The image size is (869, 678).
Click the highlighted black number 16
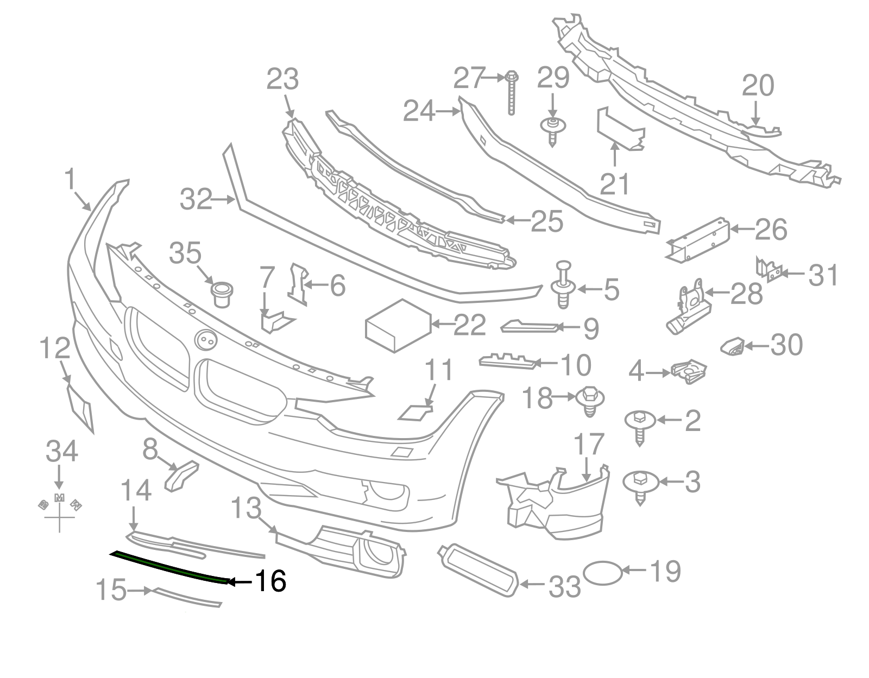pyautogui.click(x=270, y=582)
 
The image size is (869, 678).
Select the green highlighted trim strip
pyautogui.click(x=168, y=566)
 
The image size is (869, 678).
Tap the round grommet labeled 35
pyautogui.click(x=221, y=293)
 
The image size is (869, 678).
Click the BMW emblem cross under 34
pyautogui.click(x=60, y=510)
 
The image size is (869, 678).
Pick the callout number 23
pyautogui.click(x=282, y=80)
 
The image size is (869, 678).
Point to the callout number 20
pyautogui.click(x=758, y=86)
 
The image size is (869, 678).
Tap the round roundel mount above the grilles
pyautogui.click(x=206, y=340)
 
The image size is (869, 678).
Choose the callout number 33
pyautogui.click(x=565, y=586)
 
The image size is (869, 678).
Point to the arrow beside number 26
pyautogui.click(x=741, y=229)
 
